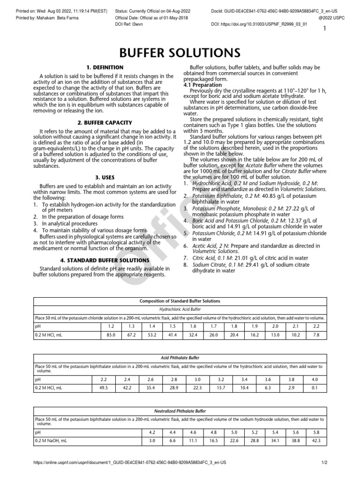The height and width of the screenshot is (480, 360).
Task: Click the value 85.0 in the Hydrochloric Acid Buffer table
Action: [111, 335]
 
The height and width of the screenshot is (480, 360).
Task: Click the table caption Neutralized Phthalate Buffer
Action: [180, 411]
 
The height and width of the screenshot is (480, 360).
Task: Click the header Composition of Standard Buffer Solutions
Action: [180, 300]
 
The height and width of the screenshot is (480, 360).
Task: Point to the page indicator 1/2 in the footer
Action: [324, 462]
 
